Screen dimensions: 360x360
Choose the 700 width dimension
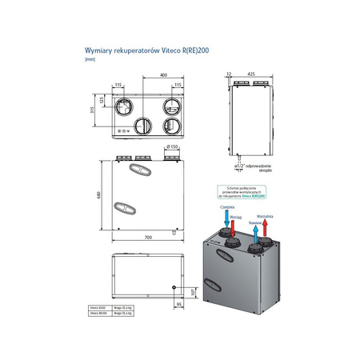(x=148, y=238)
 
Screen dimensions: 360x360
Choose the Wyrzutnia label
(x=265, y=216)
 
